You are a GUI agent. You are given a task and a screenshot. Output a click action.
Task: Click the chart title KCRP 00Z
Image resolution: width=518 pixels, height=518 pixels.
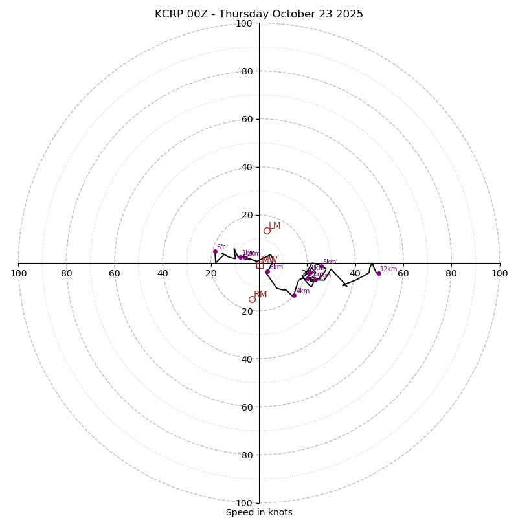click(x=259, y=14)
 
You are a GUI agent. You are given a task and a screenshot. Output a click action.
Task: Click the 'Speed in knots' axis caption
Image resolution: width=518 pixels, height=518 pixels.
click(x=259, y=513)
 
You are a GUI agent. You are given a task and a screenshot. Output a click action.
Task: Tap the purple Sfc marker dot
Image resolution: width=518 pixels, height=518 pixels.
click(x=215, y=251)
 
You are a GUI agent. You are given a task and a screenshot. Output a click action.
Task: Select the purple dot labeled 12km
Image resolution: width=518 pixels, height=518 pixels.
click(x=379, y=273)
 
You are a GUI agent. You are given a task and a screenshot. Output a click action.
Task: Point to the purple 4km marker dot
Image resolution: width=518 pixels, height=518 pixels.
click(x=294, y=295)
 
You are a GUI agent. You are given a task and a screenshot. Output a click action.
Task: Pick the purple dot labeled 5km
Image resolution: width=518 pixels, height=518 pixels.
click(x=321, y=266)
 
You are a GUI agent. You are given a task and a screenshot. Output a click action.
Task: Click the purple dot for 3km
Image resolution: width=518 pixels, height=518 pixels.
click(x=267, y=272)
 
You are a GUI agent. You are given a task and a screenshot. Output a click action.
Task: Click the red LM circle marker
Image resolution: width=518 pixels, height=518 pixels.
click(x=267, y=231)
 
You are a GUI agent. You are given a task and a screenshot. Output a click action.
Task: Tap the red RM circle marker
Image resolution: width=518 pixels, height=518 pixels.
click(x=252, y=299)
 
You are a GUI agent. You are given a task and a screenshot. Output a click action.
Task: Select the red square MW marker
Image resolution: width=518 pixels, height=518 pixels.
click(x=260, y=265)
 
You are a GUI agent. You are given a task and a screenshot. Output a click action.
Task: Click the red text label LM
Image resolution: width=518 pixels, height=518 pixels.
click(x=275, y=226)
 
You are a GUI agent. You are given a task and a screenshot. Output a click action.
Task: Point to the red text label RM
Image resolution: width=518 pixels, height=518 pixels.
click(x=260, y=295)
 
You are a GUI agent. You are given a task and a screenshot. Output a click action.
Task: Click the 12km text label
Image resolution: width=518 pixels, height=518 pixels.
click(x=388, y=269)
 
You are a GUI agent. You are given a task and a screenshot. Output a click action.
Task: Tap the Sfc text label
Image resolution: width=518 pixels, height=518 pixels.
click(x=221, y=247)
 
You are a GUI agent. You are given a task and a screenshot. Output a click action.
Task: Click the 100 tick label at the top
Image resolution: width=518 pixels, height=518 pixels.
click(x=244, y=24)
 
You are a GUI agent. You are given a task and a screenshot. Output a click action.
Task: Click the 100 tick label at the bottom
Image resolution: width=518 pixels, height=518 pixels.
click(x=244, y=503)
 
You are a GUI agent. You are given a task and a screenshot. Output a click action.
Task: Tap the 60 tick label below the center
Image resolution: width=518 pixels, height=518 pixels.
click(x=247, y=407)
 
